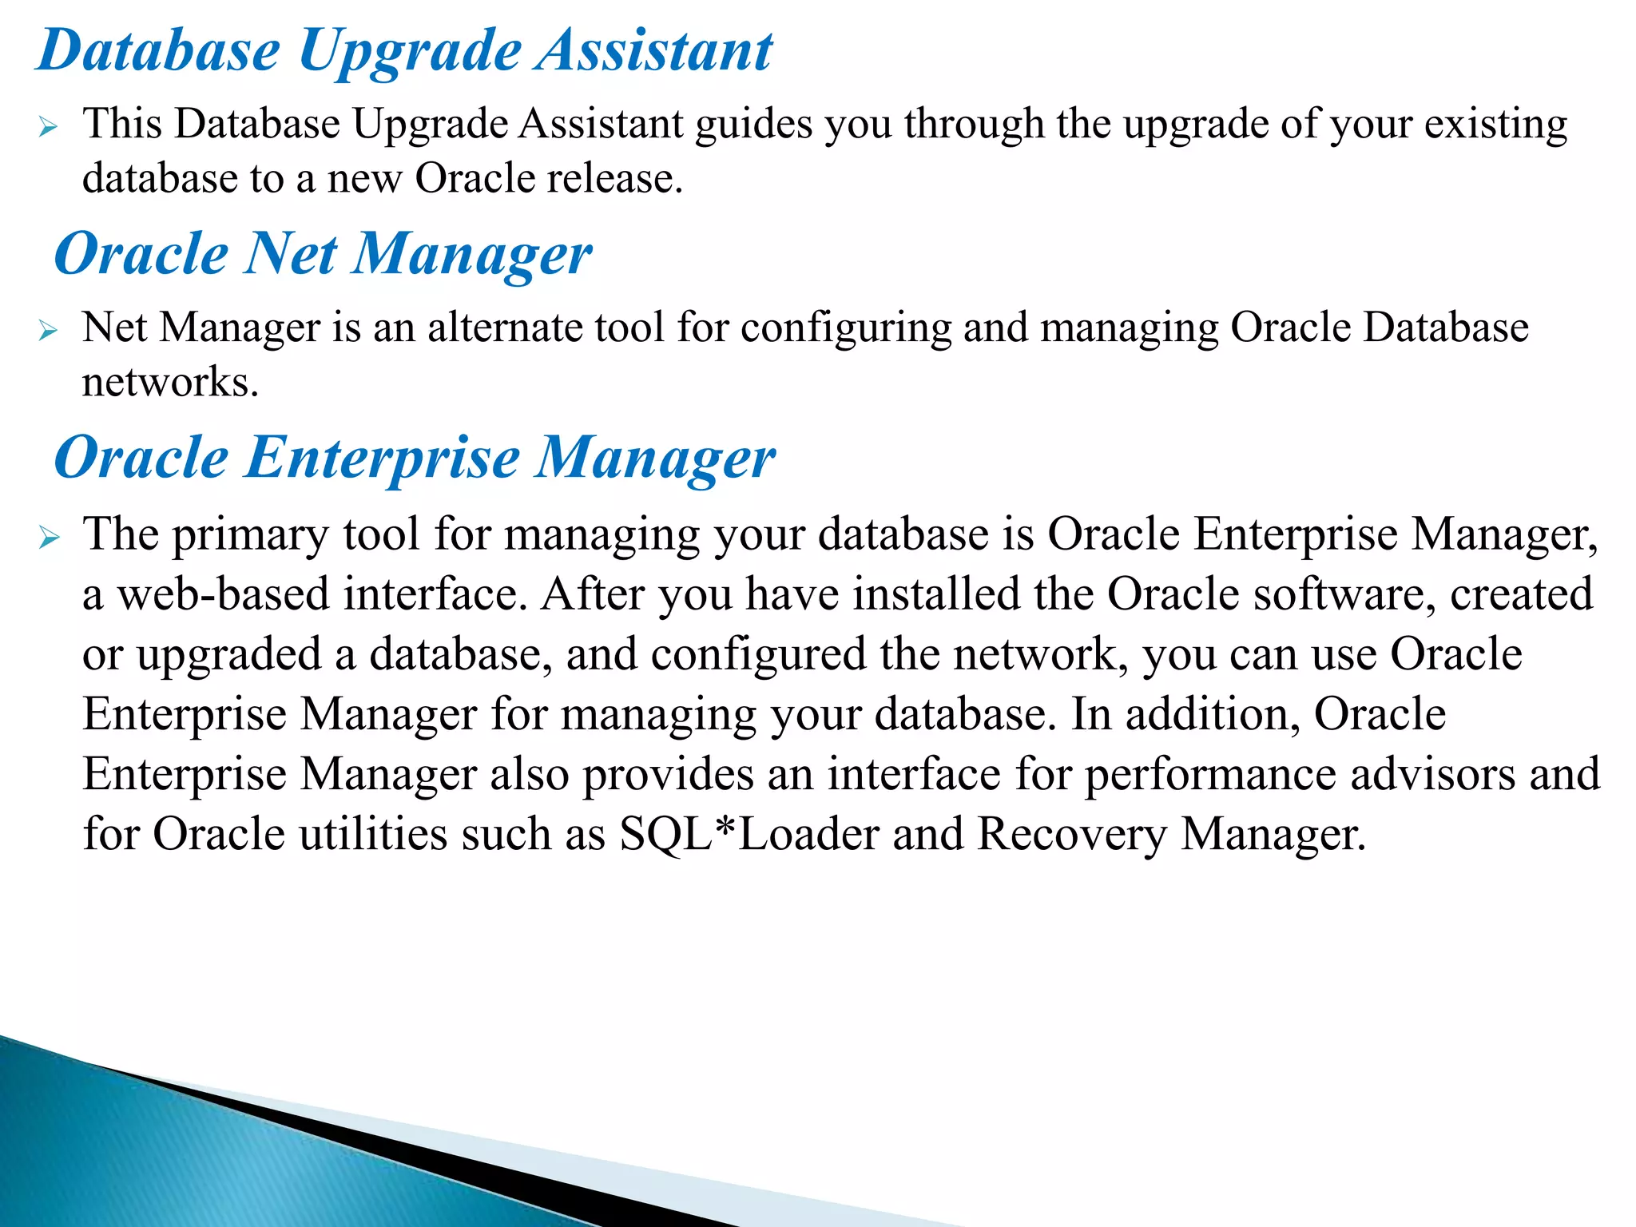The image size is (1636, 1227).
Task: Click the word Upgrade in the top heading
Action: [x=409, y=52]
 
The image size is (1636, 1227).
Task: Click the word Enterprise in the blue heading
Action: [x=383, y=458]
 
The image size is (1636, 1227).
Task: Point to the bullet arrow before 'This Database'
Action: [x=48, y=126]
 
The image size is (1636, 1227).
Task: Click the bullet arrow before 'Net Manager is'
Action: [x=48, y=330]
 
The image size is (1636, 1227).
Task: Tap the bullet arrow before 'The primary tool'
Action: [x=49, y=538]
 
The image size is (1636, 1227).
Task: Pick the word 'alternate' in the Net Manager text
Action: [x=506, y=328]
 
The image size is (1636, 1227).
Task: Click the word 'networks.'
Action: [x=170, y=382]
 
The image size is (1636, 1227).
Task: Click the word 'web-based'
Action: [x=224, y=594]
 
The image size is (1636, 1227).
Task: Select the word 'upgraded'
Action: [x=228, y=655]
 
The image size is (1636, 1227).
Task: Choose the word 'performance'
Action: [x=1210, y=774]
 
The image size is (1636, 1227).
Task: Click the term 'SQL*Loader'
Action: [x=749, y=834]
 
